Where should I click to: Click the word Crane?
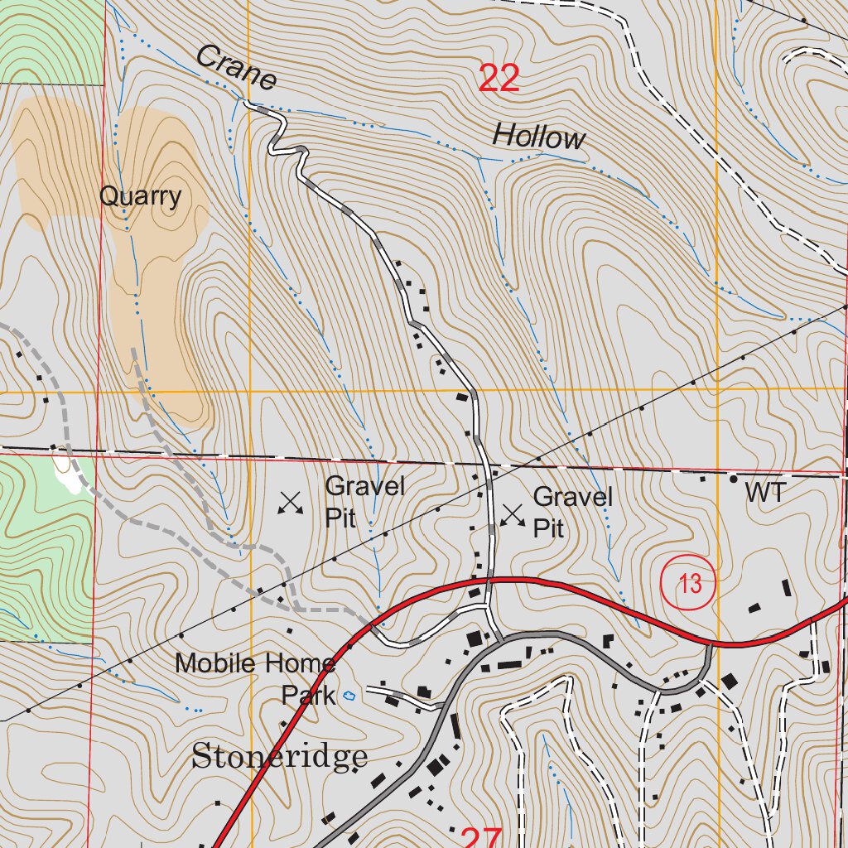(236, 68)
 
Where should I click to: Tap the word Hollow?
(538, 136)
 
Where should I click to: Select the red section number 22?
(499, 79)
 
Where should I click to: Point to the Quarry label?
(140, 196)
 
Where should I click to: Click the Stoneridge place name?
(280, 756)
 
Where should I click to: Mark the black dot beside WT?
(733, 479)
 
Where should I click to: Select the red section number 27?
(480, 838)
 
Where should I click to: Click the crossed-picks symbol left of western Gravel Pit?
(290, 502)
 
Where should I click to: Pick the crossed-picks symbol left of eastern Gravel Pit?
(513, 514)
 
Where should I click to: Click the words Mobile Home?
(255, 662)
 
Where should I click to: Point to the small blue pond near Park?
(349, 696)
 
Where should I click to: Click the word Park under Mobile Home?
(308, 694)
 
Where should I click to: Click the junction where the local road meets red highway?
(489, 580)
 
